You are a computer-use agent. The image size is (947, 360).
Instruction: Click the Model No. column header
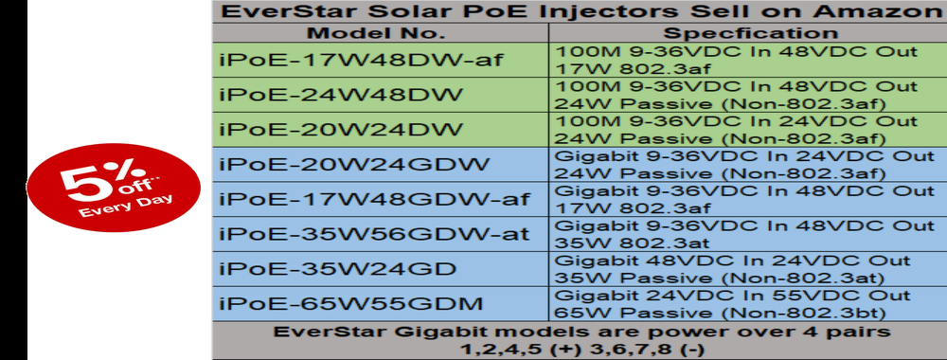coord(380,32)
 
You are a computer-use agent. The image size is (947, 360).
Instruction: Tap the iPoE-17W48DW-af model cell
coord(380,59)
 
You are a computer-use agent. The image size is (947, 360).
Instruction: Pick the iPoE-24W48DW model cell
coord(380,94)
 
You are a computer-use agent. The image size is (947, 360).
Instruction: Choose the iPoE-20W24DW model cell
coord(380,129)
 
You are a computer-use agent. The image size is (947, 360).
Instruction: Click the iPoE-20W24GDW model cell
coord(380,164)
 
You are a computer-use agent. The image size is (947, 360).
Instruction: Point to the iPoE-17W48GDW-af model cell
coord(380,199)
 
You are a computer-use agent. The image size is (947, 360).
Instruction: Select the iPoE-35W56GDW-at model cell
coord(380,234)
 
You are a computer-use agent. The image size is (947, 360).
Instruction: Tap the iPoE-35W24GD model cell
coord(380,269)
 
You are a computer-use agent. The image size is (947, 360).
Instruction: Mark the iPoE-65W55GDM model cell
coord(380,304)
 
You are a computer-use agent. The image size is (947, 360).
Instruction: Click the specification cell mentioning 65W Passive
coord(748,304)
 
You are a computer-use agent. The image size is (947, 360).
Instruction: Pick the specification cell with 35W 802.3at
coord(748,234)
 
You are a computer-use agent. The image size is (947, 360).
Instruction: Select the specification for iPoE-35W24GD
coord(748,269)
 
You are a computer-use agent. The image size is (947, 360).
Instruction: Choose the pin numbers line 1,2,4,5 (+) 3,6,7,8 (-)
coord(581,350)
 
